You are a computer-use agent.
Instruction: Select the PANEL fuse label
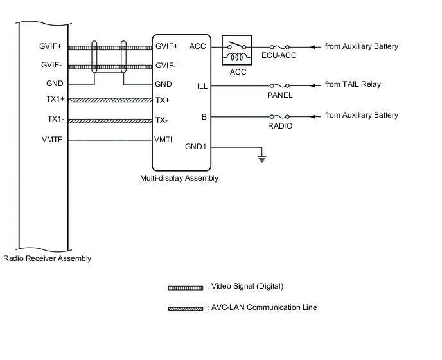pyautogui.click(x=279, y=95)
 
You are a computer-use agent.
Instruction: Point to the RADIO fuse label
pyautogui.click(x=280, y=126)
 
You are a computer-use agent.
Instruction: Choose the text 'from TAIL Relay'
pyautogui.click(x=353, y=85)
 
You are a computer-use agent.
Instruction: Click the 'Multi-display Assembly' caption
pyautogui.click(x=179, y=178)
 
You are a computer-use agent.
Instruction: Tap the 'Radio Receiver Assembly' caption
pyautogui.click(x=48, y=258)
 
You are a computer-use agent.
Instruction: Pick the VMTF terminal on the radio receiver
pyautogui.click(x=52, y=138)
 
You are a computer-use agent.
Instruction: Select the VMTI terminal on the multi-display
pyautogui.click(x=163, y=138)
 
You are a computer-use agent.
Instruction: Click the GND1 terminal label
pyautogui.click(x=195, y=147)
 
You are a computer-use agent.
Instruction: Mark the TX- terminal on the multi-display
pyautogui.click(x=162, y=120)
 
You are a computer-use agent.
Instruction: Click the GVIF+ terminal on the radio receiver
pyautogui.click(x=51, y=46)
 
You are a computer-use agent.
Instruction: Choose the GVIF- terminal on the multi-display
pyautogui.click(x=166, y=66)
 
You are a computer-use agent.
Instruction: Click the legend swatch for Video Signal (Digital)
pyautogui.click(x=186, y=287)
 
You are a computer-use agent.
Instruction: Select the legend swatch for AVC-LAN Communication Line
pyautogui.click(x=186, y=308)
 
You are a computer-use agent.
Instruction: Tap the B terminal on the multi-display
pyautogui.click(x=204, y=116)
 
